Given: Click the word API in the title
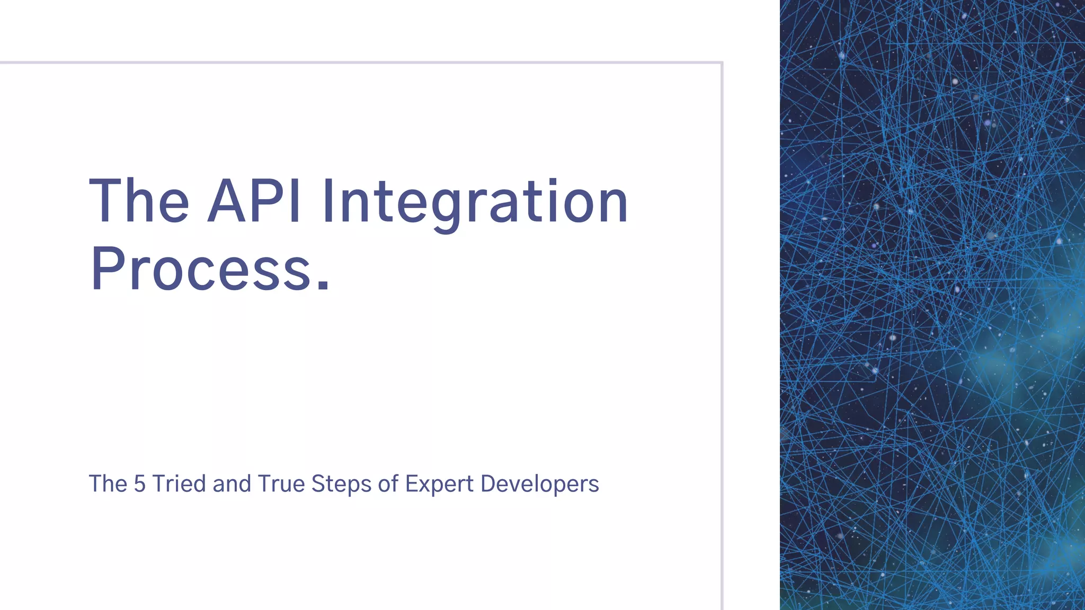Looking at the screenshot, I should coord(254,201).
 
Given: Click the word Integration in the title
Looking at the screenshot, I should coord(475,202).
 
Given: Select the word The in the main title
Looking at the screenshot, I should coord(139,201).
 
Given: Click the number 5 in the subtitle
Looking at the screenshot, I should coord(139,483).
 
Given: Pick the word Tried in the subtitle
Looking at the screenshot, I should coord(179,483).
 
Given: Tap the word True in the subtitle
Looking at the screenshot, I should coord(281,483).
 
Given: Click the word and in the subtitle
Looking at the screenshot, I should coord(232,483).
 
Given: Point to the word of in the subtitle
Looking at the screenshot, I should coord(388,483).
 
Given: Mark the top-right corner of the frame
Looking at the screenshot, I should coord(722,63).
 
